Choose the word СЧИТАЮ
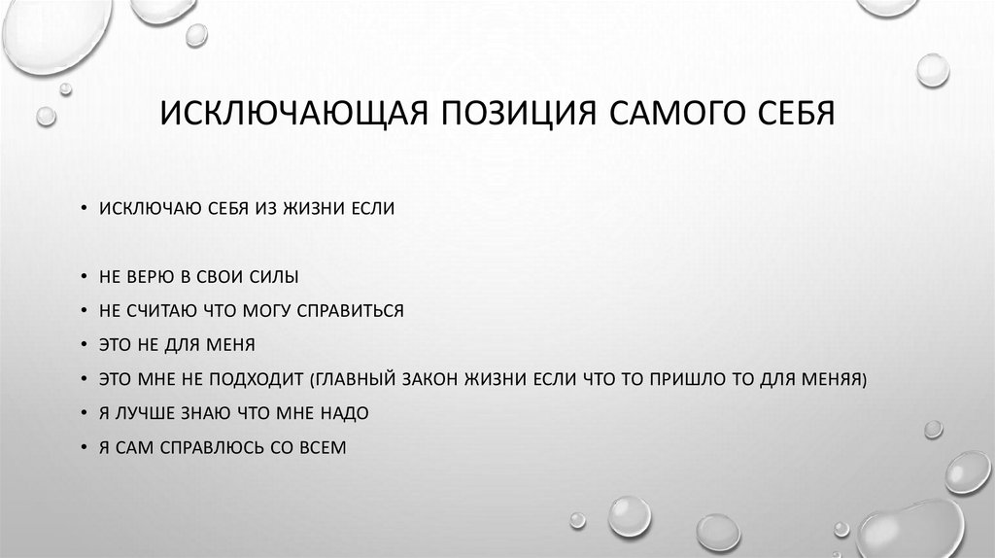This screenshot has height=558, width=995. pos(163,311)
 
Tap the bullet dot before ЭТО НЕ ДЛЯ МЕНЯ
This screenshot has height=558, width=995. pos(86,345)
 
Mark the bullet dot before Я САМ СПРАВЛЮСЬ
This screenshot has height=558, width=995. pos(86,447)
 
